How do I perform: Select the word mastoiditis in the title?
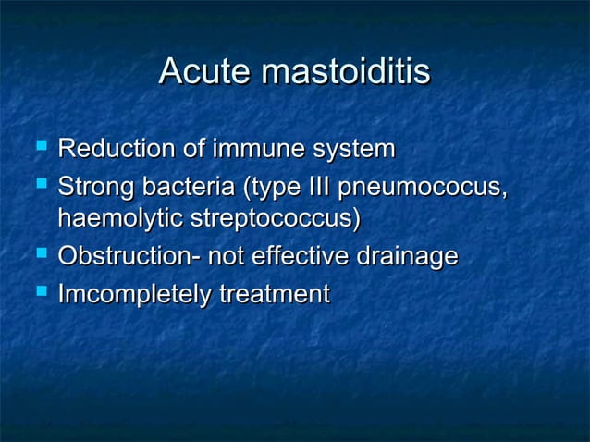click(x=347, y=72)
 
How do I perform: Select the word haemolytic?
click(x=120, y=219)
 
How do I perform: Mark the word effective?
click(x=298, y=256)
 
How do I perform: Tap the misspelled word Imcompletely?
click(x=134, y=295)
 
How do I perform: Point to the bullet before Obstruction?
click(x=39, y=254)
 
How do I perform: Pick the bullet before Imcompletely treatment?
click(x=39, y=292)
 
